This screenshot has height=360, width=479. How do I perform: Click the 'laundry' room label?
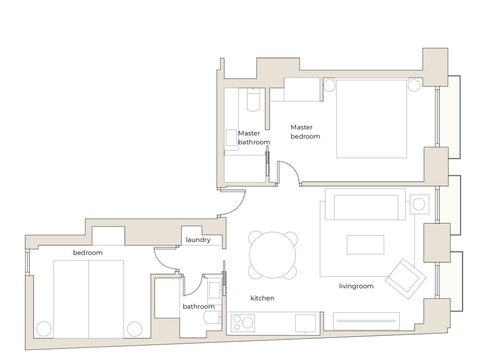pyautogui.click(x=198, y=240)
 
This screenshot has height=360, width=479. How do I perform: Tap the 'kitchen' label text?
pyautogui.click(x=262, y=298)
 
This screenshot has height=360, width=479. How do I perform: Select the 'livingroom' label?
pyautogui.click(x=356, y=286)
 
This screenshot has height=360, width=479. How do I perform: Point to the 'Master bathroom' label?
pyautogui.click(x=254, y=138)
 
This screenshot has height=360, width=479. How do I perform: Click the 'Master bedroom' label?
pyautogui.click(x=305, y=132)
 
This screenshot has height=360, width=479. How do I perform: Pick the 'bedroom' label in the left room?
pyautogui.click(x=88, y=253)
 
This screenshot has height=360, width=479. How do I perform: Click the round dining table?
pyautogui.click(x=273, y=255)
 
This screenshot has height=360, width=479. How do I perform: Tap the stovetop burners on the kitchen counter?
pyautogui.click(x=243, y=323)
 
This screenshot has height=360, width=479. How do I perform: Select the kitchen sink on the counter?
pyautogui.click(x=306, y=323)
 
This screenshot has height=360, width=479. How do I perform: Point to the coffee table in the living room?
pyautogui.click(x=365, y=244)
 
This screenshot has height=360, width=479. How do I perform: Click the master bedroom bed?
pyautogui.click(x=372, y=118)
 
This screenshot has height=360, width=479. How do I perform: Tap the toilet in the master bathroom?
pyautogui.click(x=253, y=99)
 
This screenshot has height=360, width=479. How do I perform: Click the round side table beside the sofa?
pyautogui.click(x=418, y=204)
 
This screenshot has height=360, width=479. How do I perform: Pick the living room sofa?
pyautogui.click(x=365, y=204)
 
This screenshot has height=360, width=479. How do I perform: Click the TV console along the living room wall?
pyautogui.click(x=366, y=321)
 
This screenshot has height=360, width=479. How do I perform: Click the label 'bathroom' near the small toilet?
pyautogui.click(x=199, y=306)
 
